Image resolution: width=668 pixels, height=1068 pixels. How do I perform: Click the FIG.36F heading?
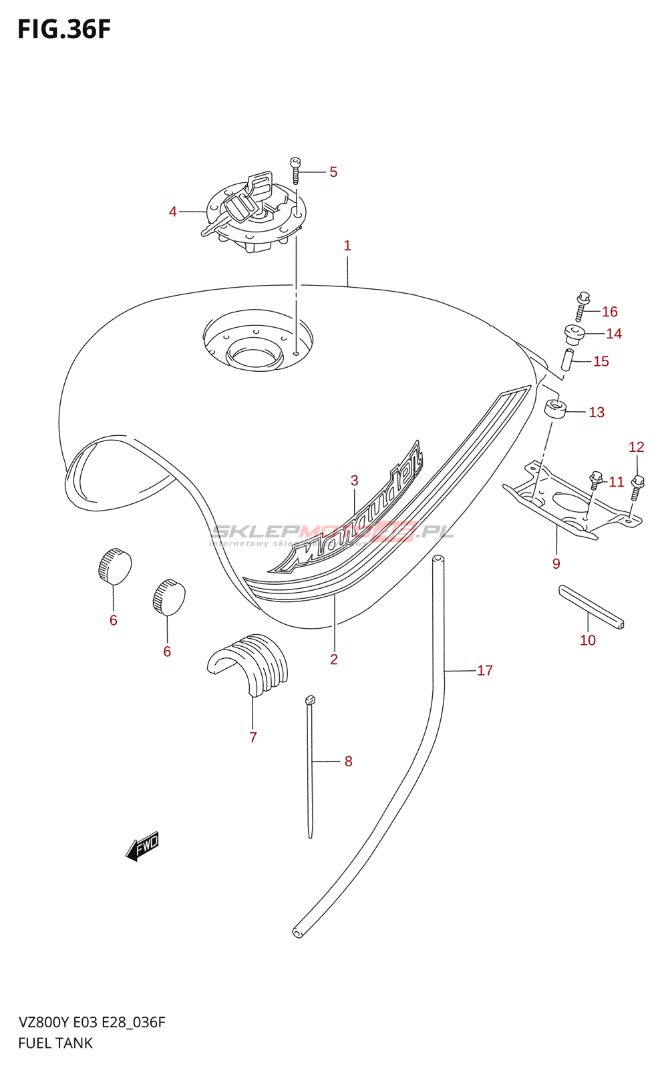(64, 30)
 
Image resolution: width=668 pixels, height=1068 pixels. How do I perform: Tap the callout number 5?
(333, 172)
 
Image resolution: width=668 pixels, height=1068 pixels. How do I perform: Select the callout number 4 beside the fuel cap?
(173, 212)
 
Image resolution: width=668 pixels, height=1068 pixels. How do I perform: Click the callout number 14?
(614, 334)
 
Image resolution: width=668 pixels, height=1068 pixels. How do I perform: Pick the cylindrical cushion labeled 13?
(555, 409)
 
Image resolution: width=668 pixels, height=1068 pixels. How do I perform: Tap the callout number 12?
(636, 447)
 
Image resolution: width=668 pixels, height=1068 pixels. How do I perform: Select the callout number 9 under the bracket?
(556, 564)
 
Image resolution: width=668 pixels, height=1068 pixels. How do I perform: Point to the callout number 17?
(485, 670)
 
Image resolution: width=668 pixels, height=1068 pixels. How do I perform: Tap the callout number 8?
(348, 761)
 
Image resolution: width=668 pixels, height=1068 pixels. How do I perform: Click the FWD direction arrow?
(142, 846)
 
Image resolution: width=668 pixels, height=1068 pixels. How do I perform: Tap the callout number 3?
(354, 481)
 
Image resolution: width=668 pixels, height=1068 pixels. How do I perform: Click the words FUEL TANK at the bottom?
(55, 1043)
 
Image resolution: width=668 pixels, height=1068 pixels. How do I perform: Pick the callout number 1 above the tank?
(347, 246)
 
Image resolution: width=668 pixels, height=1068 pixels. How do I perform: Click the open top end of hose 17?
(438, 559)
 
